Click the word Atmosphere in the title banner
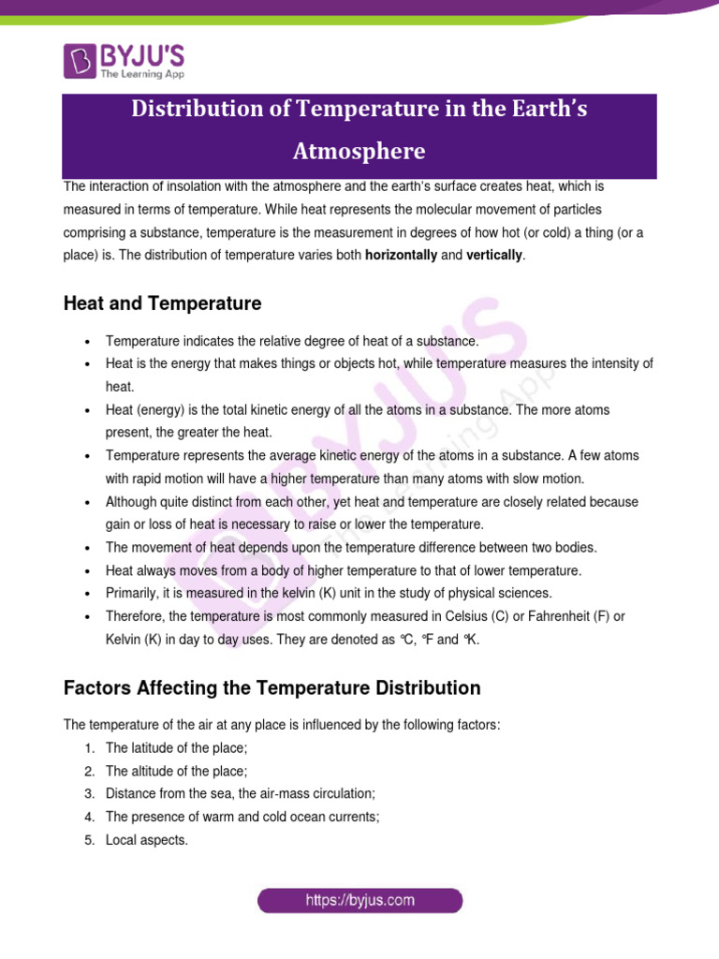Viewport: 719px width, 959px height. (x=359, y=151)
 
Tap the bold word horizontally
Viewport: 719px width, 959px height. (x=401, y=256)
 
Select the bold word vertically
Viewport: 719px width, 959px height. (x=495, y=256)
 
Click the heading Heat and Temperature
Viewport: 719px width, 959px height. (x=162, y=303)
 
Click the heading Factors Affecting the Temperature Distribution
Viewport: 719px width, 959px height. (x=271, y=688)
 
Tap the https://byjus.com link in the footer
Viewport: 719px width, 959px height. (x=360, y=901)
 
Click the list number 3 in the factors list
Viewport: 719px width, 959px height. (x=89, y=793)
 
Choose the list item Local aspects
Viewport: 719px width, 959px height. (x=147, y=840)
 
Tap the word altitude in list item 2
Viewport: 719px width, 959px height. (x=151, y=771)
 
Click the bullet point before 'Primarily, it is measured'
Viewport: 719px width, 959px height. (x=86, y=593)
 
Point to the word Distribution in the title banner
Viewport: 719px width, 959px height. (x=193, y=109)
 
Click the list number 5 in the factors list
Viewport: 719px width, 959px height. (x=89, y=840)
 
